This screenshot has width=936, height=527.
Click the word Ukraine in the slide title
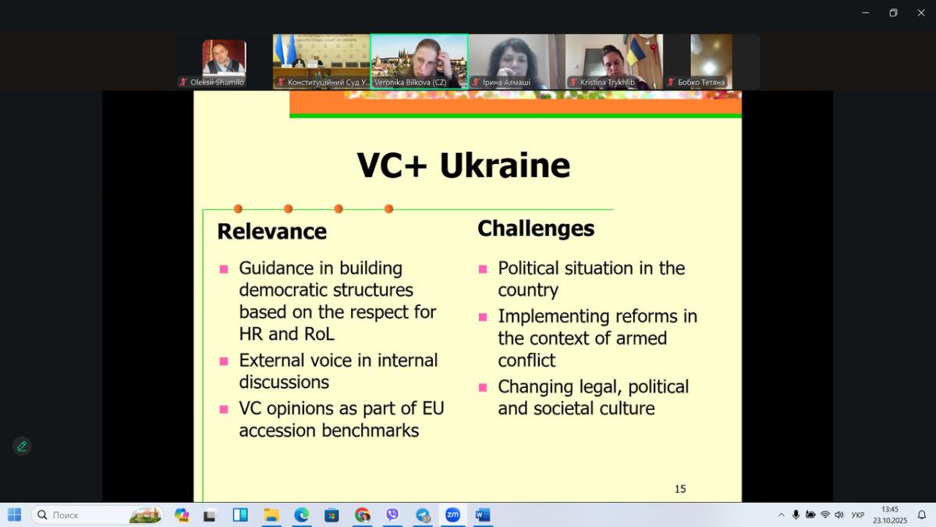click(505, 166)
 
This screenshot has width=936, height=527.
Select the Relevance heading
click(272, 232)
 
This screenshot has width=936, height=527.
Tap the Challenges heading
click(536, 229)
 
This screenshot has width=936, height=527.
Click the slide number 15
click(680, 489)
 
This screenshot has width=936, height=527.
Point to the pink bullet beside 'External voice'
click(224, 361)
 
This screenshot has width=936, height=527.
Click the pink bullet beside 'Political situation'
click(483, 269)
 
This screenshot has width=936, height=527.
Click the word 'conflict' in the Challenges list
click(526, 361)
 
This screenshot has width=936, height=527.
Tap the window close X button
click(921, 13)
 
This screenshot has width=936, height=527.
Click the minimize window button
click(866, 13)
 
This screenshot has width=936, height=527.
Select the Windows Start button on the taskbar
click(15, 515)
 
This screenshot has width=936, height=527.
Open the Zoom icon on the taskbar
click(452, 515)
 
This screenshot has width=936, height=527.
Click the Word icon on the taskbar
click(483, 515)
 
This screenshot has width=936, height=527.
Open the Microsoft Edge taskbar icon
click(302, 515)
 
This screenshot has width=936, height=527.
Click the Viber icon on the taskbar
click(392, 515)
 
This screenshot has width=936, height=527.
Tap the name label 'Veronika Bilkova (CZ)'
click(410, 83)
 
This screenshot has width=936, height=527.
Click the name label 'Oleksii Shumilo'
click(217, 83)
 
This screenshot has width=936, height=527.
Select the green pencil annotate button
click(22, 447)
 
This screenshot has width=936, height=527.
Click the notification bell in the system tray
click(922, 515)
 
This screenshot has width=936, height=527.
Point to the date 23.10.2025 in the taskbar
click(890, 521)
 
